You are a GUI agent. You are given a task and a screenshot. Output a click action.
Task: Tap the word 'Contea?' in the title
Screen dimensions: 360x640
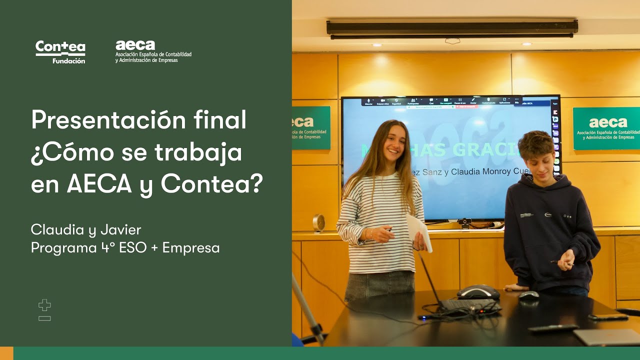pyautogui.click(x=212, y=184)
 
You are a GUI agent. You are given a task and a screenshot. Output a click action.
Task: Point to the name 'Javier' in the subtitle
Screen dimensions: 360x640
pyautogui.click(x=120, y=230)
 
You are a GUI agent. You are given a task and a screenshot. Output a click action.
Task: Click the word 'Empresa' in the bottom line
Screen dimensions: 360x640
pyautogui.click(x=191, y=247)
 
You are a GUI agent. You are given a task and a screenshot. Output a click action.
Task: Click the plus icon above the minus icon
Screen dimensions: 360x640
pyautogui.click(x=44, y=305)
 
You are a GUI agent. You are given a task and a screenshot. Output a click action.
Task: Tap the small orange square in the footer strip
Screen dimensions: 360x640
pyautogui.click(x=6, y=353)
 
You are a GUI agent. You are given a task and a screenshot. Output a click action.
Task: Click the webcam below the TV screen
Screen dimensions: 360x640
pyautogui.click(x=465, y=222)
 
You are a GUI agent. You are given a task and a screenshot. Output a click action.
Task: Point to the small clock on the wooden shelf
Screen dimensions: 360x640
pyautogui.click(x=319, y=223)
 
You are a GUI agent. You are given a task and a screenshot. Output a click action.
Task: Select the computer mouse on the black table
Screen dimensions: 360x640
pyautogui.click(x=528, y=295)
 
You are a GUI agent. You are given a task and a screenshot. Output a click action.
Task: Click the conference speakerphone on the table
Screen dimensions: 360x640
pyautogui.click(x=478, y=292)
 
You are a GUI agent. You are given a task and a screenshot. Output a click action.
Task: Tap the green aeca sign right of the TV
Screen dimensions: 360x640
pyautogui.click(x=606, y=128)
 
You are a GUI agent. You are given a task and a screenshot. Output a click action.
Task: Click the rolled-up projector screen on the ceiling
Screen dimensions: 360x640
pyautogui.click(x=452, y=28)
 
